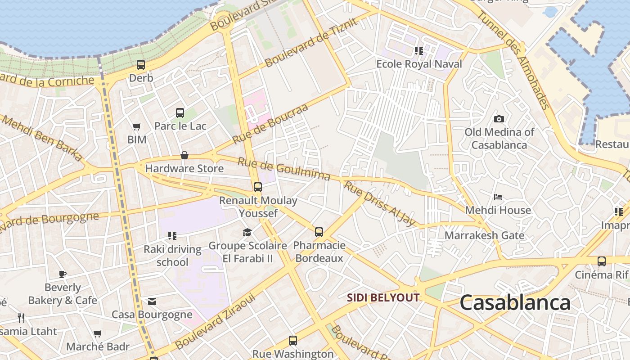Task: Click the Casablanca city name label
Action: (x=515, y=303)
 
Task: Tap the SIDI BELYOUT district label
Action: (x=383, y=297)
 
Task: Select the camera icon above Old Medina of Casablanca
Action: (x=499, y=119)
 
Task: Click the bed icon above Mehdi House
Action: (x=498, y=197)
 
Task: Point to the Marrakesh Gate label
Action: (x=484, y=235)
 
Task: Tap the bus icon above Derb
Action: (x=141, y=65)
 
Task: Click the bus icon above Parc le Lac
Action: (x=180, y=113)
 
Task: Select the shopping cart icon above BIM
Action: (x=136, y=127)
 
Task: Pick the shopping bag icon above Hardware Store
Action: (x=184, y=156)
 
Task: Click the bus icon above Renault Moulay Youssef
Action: (x=258, y=187)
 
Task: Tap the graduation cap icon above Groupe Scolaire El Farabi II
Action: (x=247, y=232)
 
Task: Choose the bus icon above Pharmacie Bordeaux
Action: (x=319, y=232)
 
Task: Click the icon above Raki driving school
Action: (x=172, y=235)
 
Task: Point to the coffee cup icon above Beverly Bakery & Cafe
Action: (x=63, y=274)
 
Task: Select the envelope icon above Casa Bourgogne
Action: (x=152, y=301)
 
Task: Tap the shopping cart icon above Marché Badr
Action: (x=98, y=334)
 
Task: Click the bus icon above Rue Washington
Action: (x=293, y=341)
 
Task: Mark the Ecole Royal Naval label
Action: (x=419, y=64)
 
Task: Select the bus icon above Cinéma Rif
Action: (x=602, y=261)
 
